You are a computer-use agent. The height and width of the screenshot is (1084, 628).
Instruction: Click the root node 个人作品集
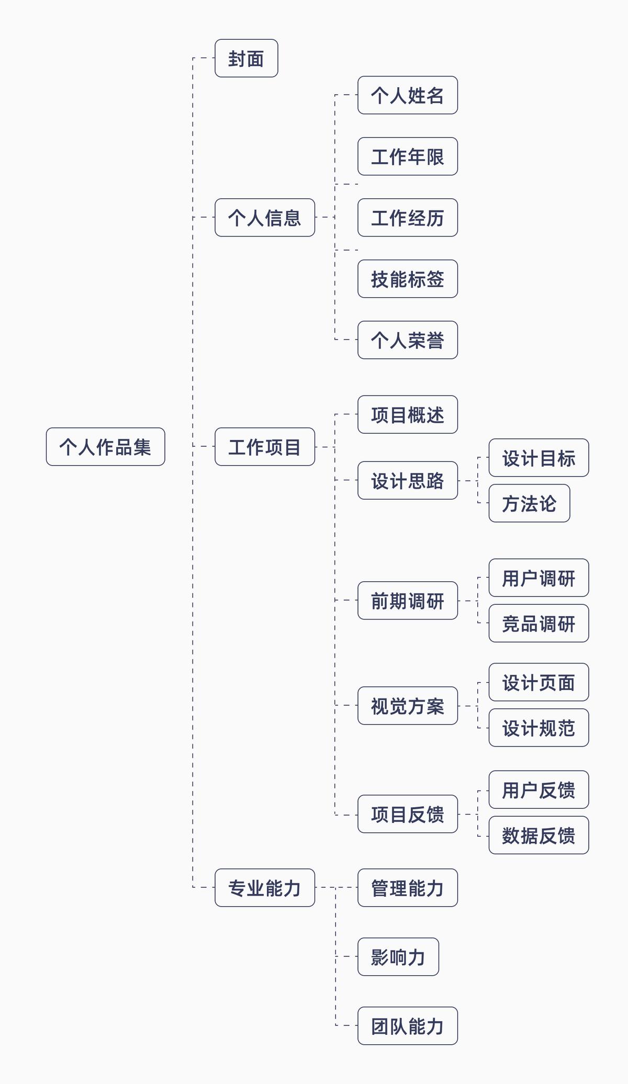105,447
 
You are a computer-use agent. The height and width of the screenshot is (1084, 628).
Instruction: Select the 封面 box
246,58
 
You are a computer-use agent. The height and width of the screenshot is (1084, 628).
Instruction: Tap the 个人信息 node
264,218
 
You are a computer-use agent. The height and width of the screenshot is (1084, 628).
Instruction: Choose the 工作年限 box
407,156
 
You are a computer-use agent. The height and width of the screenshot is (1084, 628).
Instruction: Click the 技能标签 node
407,279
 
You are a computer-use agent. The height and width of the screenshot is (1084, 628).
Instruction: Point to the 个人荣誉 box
407,340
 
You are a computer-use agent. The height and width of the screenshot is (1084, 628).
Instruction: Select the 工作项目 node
264,447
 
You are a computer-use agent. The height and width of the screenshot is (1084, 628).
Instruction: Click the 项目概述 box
407,414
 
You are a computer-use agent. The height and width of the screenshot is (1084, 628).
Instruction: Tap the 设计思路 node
407,480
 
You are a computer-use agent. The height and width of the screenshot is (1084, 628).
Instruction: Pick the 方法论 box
529,503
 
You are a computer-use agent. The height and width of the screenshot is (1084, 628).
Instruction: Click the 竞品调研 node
538,623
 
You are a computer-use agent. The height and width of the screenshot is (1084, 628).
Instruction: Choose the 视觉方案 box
407,706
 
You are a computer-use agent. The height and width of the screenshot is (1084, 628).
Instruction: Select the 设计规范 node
538,728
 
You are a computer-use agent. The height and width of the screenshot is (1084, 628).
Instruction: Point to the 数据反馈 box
538,835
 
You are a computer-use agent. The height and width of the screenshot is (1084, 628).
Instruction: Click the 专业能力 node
264,888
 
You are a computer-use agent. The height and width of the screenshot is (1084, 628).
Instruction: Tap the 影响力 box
398,957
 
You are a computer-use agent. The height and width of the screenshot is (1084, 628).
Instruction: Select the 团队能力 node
407,1026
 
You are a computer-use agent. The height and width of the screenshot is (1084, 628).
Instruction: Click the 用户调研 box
538,578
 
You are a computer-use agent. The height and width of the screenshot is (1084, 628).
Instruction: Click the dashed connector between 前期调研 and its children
468,601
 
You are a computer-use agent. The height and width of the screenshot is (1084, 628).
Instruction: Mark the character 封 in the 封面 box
237,59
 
